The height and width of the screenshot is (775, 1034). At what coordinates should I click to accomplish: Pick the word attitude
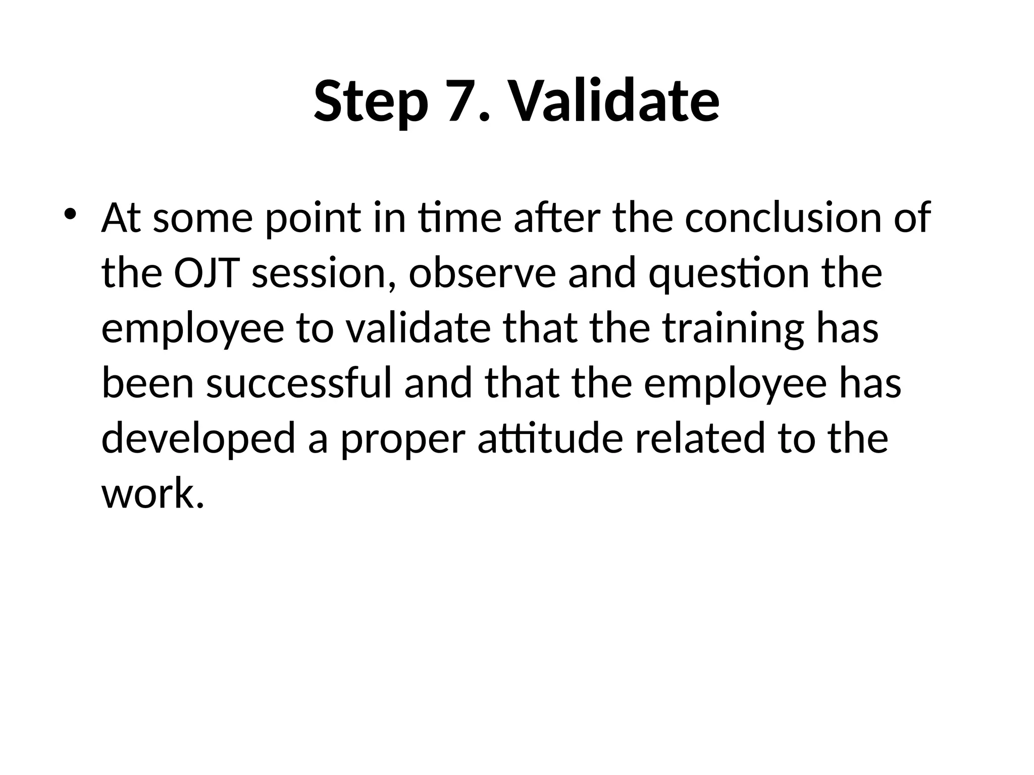point(550,438)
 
